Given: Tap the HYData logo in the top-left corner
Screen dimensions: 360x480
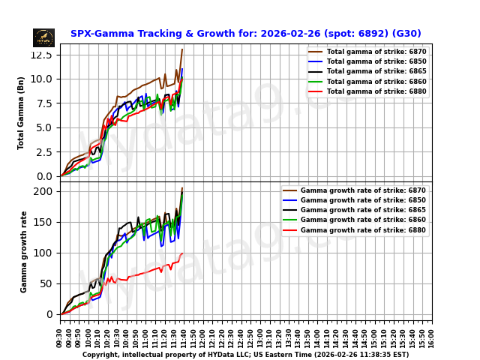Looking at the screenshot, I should point(43,37).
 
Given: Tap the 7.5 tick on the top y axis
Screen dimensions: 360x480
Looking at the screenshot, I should point(43,103).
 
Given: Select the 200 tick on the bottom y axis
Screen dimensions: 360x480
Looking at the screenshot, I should point(44,191).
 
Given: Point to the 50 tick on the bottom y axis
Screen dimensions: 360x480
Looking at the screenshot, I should point(46,283).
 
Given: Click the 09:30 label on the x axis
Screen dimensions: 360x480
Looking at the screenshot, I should point(60,337).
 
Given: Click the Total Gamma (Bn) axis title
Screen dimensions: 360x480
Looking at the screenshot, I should point(22,112).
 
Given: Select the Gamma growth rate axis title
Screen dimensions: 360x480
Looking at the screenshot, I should point(24,251).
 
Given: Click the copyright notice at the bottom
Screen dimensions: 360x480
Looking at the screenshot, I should point(245,355).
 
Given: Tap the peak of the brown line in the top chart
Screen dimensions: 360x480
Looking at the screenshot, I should point(182,49).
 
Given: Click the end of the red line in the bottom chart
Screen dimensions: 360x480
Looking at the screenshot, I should point(182,253).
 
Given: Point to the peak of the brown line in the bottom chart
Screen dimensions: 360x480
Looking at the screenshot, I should point(182,188).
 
